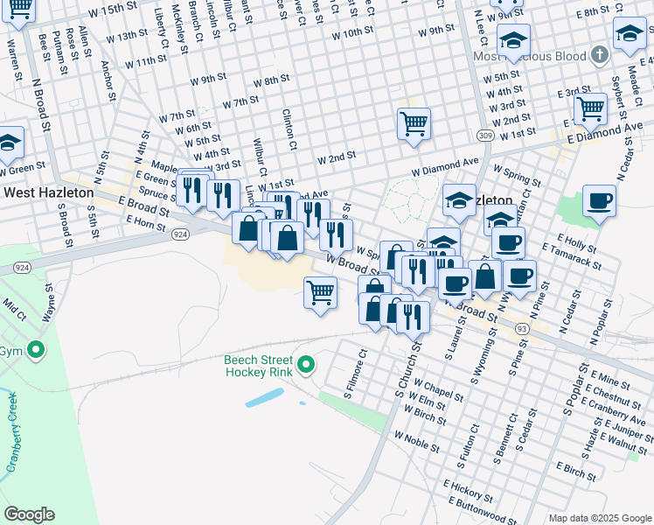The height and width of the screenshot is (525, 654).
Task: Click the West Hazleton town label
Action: pyautogui.click(x=45, y=192)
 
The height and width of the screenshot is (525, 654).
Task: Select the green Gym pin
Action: pyautogui.click(x=35, y=351)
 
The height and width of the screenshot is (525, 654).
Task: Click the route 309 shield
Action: pyautogui.click(x=486, y=136)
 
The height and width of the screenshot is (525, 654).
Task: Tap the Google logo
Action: pyautogui.click(x=30, y=514)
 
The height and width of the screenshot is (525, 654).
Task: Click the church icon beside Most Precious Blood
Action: pyautogui.click(x=599, y=56)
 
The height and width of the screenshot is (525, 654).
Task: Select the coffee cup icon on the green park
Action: pyautogui.click(x=599, y=200)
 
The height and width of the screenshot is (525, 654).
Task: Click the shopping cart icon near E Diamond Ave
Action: pyautogui.click(x=590, y=108)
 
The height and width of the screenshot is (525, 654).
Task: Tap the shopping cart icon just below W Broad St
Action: pyautogui.click(x=321, y=292)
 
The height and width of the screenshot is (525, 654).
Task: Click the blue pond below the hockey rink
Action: pyautogui.click(x=265, y=398)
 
